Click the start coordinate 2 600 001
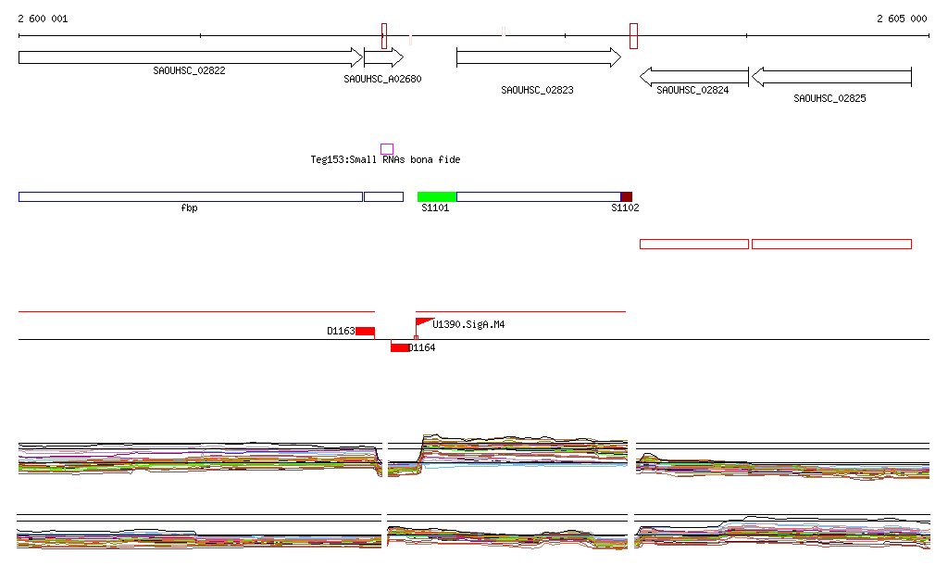[43, 19]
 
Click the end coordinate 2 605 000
[902, 19]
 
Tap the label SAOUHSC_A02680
[382, 80]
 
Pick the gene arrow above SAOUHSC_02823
[538, 57]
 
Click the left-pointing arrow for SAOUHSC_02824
[693, 77]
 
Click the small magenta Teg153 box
[387, 149]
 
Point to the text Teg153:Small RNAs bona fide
[385, 160]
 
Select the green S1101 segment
[437, 196]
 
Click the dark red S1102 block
[627, 196]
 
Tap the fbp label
[189, 208]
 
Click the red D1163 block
[365, 331]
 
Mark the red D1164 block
[400, 347]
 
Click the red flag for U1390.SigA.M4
[423, 322]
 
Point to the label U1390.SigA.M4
[468, 325]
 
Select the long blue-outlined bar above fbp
[190, 196]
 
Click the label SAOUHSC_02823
[537, 91]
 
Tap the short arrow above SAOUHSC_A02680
[383, 57]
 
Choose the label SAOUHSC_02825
[829, 98]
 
